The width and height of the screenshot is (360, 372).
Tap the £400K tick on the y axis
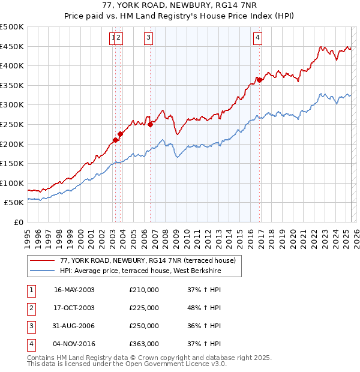12,65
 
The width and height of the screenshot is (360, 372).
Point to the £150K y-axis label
12,163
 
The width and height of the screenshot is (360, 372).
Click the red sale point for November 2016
259,80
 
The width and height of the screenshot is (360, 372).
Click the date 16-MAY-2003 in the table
74,290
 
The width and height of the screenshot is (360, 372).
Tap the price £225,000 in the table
144,308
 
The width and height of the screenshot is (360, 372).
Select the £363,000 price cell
144,344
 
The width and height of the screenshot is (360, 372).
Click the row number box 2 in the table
31,308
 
